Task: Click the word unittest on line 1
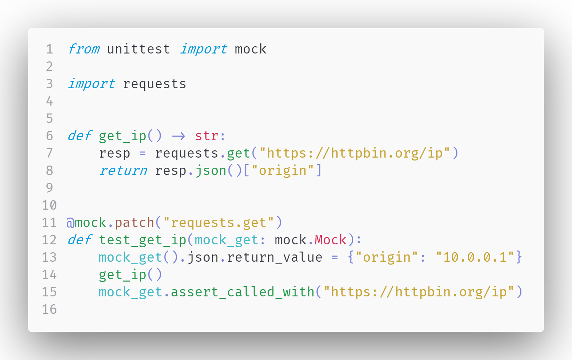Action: click(x=138, y=49)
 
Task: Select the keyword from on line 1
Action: click(x=84, y=49)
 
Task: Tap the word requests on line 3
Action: click(x=154, y=84)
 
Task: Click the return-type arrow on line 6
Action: click(x=179, y=136)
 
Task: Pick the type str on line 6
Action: click(x=206, y=136)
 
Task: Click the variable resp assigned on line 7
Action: click(x=115, y=153)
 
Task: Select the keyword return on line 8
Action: click(x=123, y=171)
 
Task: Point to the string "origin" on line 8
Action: click(x=282, y=171)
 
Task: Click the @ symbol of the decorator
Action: click(x=70, y=223)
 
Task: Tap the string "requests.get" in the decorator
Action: click(x=218, y=223)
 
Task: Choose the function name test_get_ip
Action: click(x=142, y=240)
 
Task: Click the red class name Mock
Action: click(x=330, y=240)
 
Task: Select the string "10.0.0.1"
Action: click(x=475, y=257)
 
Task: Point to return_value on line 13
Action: click(x=274, y=257)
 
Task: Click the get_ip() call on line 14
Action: click(x=131, y=275)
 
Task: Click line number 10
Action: click(x=50, y=205)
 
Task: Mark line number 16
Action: click(x=50, y=309)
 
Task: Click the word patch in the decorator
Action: click(x=135, y=223)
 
